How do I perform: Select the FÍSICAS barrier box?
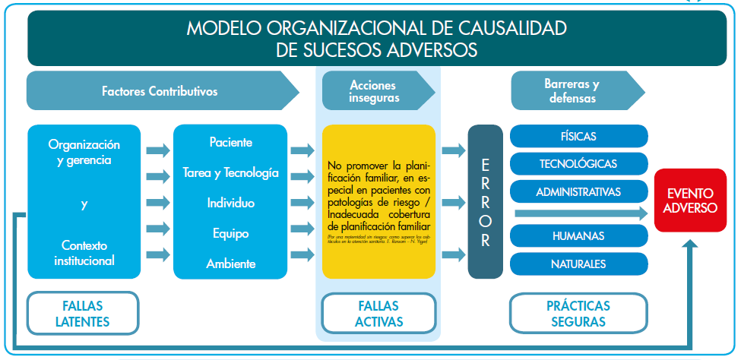coord(578,137)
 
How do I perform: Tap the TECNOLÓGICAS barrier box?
coord(578,163)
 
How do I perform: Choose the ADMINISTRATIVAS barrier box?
coord(578,191)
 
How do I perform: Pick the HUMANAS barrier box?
coord(578,236)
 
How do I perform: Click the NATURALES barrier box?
coord(578,264)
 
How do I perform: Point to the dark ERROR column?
coord(486,202)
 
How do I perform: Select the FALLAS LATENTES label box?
coord(82,313)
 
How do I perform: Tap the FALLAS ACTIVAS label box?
coord(378,313)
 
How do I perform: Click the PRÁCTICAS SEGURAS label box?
coord(578,313)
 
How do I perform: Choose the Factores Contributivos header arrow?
coord(160,91)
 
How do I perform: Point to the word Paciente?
coord(230,142)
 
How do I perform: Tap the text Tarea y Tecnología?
coord(230,172)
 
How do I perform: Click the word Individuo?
coord(230,203)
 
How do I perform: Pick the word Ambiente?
coord(230,264)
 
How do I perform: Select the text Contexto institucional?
coord(84,254)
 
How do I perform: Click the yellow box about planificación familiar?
coord(378,202)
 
